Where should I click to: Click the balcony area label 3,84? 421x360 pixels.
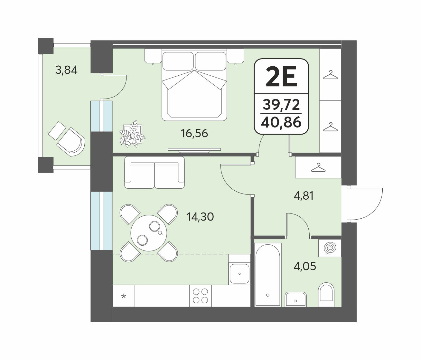point(66,70)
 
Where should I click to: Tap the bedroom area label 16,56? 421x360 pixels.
point(194,134)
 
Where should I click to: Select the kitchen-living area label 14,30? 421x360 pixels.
point(200,217)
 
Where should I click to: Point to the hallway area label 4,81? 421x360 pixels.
point(304,196)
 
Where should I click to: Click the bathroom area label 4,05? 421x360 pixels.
point(305,266)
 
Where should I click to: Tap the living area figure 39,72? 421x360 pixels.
point(281,104)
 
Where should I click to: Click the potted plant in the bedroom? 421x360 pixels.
point(132,134)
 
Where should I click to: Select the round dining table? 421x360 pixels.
point(149,233)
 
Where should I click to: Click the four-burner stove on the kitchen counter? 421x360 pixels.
point(200,296)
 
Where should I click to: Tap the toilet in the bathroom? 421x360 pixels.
point(326,294)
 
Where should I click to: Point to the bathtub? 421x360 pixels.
point(268,274)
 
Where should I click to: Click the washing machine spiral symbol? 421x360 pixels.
point(330,248)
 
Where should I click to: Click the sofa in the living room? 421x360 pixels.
point(154,172)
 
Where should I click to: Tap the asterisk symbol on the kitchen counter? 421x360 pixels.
point(124,296)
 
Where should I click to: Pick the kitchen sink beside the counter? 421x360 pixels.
point(239,274)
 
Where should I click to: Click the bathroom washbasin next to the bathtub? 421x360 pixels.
point(296,299)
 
